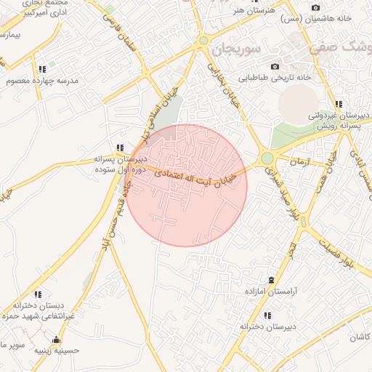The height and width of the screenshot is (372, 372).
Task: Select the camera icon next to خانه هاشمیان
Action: pos(315,7)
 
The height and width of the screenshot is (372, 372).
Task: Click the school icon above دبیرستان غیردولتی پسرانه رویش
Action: pos(339,104)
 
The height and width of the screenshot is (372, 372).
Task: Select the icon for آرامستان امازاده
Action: pos(271,280)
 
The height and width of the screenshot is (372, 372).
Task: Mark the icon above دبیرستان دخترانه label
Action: pos(267,315)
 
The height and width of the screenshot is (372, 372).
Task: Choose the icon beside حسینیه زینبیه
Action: pos(56,339)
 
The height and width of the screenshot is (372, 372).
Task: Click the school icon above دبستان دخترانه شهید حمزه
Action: pos(39,295)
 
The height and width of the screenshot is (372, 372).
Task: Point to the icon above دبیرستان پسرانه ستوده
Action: pos(120,147)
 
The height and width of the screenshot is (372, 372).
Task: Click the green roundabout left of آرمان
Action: pos(267,158)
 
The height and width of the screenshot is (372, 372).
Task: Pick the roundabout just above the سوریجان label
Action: pos(204,40)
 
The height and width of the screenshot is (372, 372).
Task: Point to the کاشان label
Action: pos(359,337)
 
